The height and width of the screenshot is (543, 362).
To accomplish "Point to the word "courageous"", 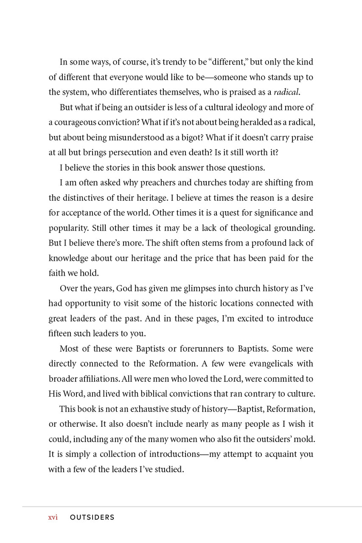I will click(x=74, y=123).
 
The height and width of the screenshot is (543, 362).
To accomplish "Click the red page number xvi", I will click(x=53, y=518).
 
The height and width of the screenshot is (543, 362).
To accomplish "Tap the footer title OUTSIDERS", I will click(x=92, y=518).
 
